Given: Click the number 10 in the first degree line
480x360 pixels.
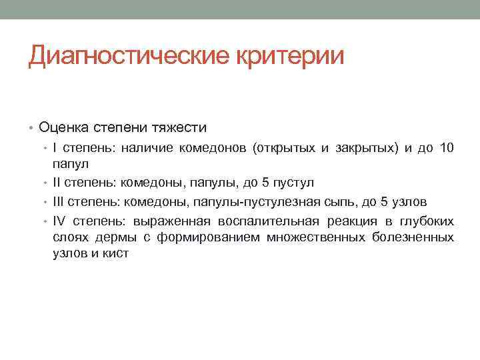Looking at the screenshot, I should (x=445, y=148).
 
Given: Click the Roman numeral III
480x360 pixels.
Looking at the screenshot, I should (x=60, y=202).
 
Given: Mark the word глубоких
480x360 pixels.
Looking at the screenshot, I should (x=429, y=221).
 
